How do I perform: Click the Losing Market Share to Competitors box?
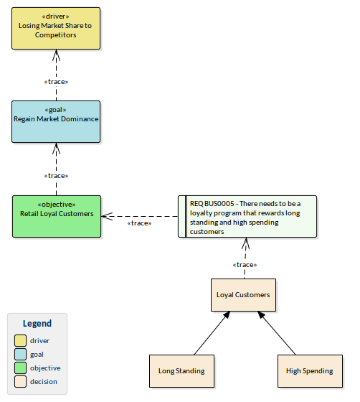coord(56,28)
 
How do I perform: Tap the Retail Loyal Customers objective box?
coord(56,215)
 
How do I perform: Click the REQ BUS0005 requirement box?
coord(247,216)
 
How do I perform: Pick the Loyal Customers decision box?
coord(243,295)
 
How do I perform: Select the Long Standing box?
coord(181,370)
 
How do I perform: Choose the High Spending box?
coord(309,370)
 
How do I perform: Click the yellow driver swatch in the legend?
coord(20,340)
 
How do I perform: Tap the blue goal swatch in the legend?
coord(20,354)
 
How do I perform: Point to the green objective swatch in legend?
coord(20,368)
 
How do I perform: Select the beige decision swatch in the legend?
coord(20,381)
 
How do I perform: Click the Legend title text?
coord(37,324)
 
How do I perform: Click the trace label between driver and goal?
coord(56,81)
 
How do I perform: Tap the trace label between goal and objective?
coord(56,175)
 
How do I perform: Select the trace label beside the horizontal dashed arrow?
coord(138,223)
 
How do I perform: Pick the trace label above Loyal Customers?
coord(245,265)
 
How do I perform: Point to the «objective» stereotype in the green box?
coord(56,203)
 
